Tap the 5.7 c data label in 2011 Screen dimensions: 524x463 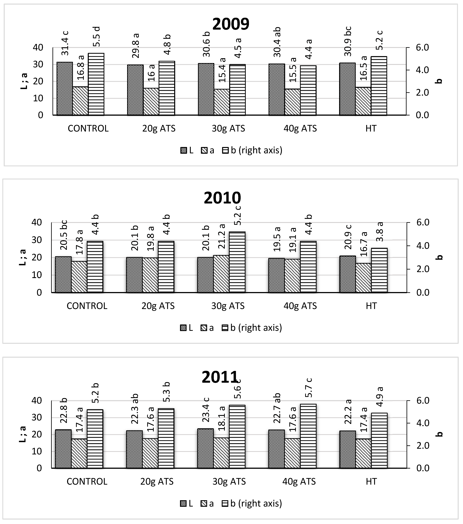(309, 387)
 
